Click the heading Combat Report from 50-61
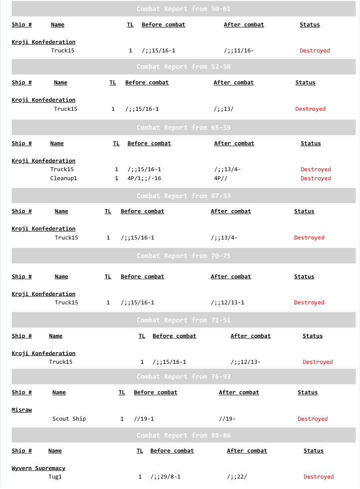pyautogui.click(x=183, y=9)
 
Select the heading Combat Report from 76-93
pyautogui.click(x=183, y=377)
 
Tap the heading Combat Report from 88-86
pyautogui.click(x=183, y=436)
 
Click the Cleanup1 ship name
pyautogui.click(x=63, y=178)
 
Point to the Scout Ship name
pyautogui.click(x=69, y=419)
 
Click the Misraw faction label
pyautogui.click(x=21, y=410)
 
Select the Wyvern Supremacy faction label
pyautogui.click(x=38, y=468)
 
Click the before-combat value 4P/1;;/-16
pyautogui.click(x=144, y=178)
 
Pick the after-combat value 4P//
pyautogui.click(x=221, y=178)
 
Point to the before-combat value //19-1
pyautogui.click(x=144, y=419)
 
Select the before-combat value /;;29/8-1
pyautogui.click(x=165, y=477)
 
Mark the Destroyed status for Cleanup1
pyautogui.click(x=316, y=178)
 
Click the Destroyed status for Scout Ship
pyautogui.click(x=313, y=419)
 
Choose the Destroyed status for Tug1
pyautogui.click(x=319, y=477)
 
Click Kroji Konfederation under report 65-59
pyautogui.click(x=43, y=161)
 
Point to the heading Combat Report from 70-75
pyautogui.click(x=183, y=256)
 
